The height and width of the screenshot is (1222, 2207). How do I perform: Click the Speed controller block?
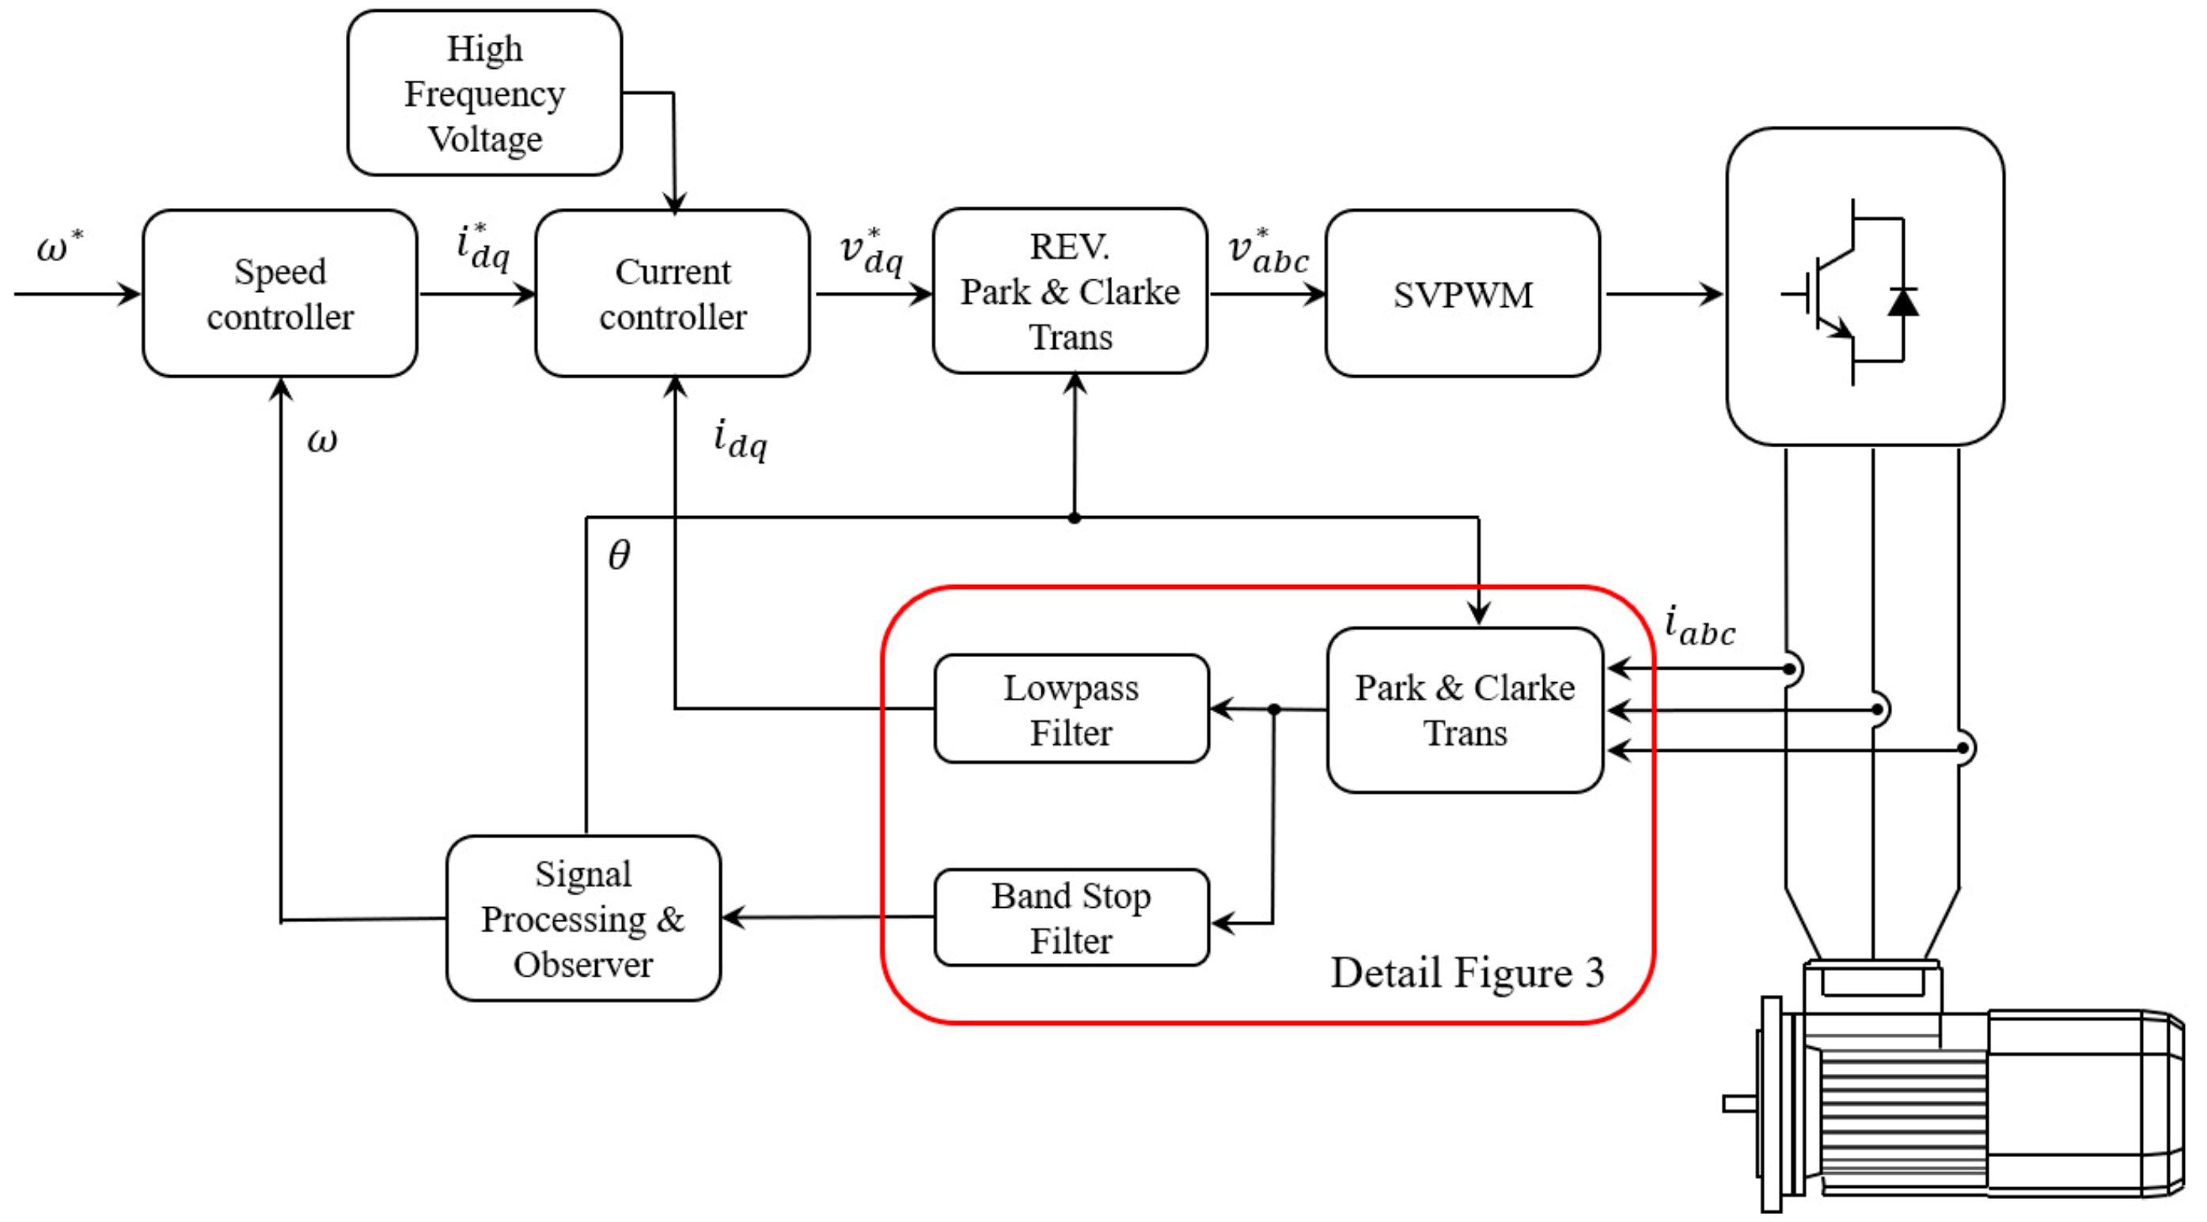click(280, 293)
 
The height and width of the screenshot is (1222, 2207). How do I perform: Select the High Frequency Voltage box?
click(485, 93)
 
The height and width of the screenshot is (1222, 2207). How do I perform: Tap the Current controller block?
click(673, 293)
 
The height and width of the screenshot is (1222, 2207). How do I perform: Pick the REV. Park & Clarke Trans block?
click(1070, 290)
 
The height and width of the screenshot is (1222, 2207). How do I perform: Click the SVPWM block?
click(1462, 293)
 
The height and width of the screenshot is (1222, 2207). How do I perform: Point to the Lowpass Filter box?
click(1071, 708)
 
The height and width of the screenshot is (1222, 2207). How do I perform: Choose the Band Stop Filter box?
click(1071, 917)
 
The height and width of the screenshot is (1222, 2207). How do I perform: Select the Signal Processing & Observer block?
click(583, 918)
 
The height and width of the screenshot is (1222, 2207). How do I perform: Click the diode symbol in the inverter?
click(1903, 302)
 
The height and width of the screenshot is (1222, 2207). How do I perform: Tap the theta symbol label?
click(619, 555)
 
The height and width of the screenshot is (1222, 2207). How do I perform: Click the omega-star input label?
click(59, 247)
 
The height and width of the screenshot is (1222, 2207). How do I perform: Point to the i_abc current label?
click(1700, 625)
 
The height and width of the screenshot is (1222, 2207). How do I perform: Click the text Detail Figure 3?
click(1467, 973)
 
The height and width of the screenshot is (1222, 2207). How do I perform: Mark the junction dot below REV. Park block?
click(1075, 518)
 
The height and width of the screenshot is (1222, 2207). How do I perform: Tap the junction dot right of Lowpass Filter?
click(1274, 710)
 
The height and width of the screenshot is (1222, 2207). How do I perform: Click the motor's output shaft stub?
click(1741, 1104)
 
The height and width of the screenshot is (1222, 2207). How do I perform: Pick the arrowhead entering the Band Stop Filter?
click(1223, 924)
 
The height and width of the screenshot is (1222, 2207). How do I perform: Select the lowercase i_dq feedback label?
click(740, 438)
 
